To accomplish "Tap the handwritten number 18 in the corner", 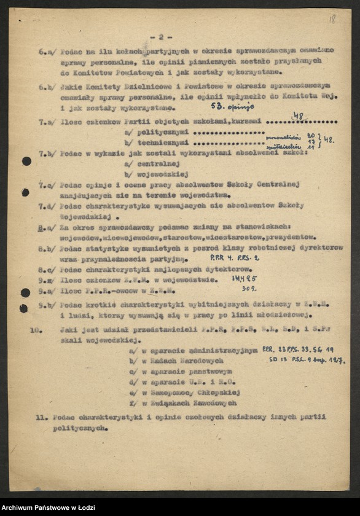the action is pyautogui.click(x=332, y=19).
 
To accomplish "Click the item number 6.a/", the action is pyautogui.click(x=47, y=52).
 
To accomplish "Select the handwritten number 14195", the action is pyautogui.click(x=245, y=278).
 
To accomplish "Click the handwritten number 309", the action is pyautogui.click(x=249, y=287).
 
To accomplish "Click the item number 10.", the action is pyautogui.click(x=35, y=329).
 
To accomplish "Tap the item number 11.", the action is pyautogui.click(x=41, y=418).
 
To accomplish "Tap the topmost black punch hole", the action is pyautogui.click(x=26, y=161).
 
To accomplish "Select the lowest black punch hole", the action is pyautogui.click(x=24, y=308).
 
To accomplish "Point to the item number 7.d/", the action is pyautogui.click(x=47, y=205).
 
